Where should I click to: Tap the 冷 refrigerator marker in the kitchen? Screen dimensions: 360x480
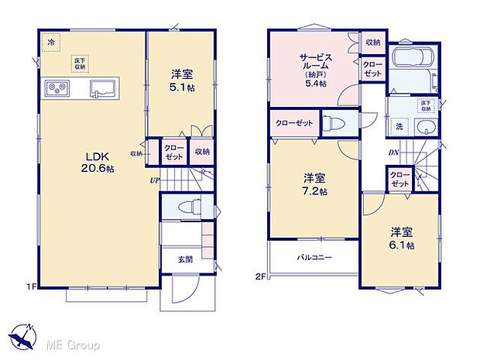tap(50, 45)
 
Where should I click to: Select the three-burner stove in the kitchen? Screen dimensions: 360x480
tap(57, 87)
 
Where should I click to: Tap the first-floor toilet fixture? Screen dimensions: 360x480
tap(185, 205)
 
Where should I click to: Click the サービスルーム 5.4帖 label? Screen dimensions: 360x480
tap(313, 68)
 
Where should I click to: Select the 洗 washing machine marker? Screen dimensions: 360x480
tap(399, 126)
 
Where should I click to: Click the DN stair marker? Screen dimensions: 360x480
tap(393, 152)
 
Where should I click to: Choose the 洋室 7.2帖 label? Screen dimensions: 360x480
tap(314, 183)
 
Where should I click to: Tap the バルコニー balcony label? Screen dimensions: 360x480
tap(314, 256)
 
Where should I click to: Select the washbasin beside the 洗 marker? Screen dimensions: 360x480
tap(424, 128)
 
